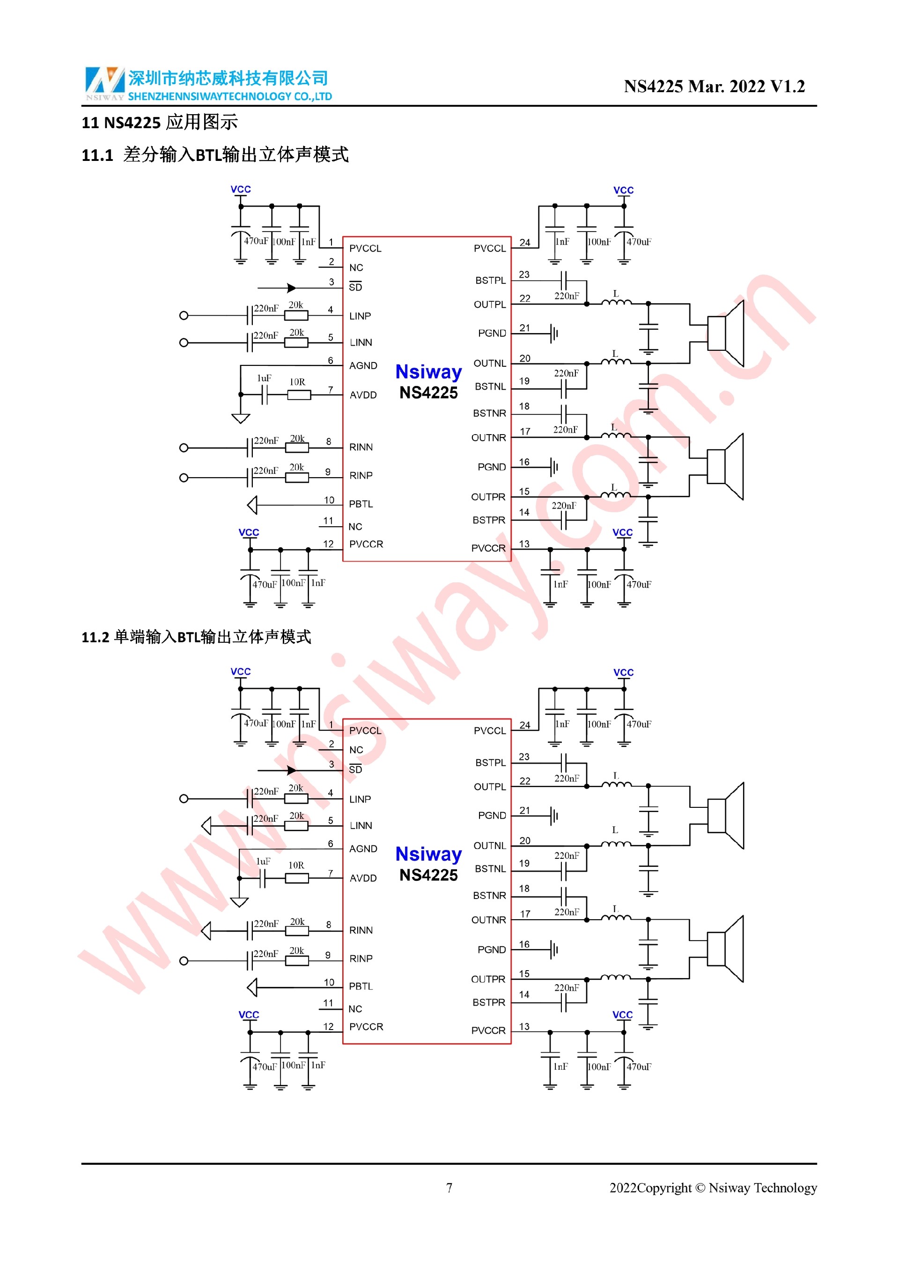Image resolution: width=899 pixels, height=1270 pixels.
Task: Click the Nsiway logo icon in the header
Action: click(x=104, y=81)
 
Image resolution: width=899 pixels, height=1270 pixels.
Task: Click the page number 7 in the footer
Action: click(x=449, y=1188)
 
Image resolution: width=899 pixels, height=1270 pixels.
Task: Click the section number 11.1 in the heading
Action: click(x=97, y=155)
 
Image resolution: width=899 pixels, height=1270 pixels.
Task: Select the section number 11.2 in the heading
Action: click(x=95, y=638)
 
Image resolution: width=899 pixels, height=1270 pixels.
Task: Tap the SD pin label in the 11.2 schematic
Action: click(x=355, y=769)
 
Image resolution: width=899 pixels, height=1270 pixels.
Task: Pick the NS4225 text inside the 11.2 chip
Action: click(x=428, y=875)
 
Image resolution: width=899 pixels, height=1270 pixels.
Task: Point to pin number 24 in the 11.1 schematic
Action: click(x=525, y=242)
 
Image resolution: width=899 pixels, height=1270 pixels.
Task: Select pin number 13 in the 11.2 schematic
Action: click(x=524, y=1027)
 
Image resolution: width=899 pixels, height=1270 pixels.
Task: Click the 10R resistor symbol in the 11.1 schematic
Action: click(x=299, y=394)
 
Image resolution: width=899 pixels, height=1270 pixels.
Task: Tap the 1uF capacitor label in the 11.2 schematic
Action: click(x=264, y=861)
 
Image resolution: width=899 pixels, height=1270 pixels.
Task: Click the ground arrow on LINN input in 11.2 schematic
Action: click(x=206, y=826)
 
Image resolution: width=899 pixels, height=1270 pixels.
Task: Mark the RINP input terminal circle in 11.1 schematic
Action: click(x=184, y=477)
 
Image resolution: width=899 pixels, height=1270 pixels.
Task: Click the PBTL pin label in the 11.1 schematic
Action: click(x=361, y=504)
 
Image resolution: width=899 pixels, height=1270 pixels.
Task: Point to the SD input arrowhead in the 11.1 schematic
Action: click(x=291, y=288)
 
